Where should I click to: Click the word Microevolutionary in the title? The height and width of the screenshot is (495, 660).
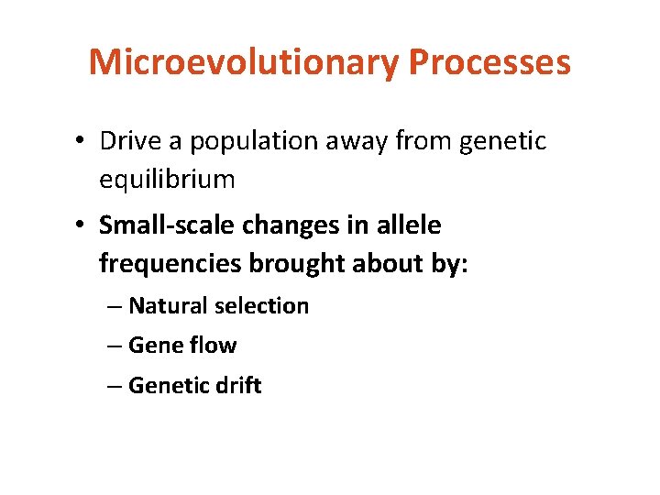(x=244, y=62)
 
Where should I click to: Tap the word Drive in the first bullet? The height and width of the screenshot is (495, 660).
(x=129, y=141)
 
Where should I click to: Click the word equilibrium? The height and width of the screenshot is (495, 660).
(x=167, y=180)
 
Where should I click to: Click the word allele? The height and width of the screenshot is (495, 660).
(x=408, y=225)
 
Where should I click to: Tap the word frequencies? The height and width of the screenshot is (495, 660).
(x=168, y=264)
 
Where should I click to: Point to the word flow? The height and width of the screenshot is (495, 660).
(x=213, y=346)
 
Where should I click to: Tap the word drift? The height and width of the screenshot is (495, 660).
(x=236, y=386)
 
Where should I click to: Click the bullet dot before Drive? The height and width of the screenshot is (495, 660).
(x=82, y=142)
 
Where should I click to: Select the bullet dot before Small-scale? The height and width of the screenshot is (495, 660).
(x=82, y=225)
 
